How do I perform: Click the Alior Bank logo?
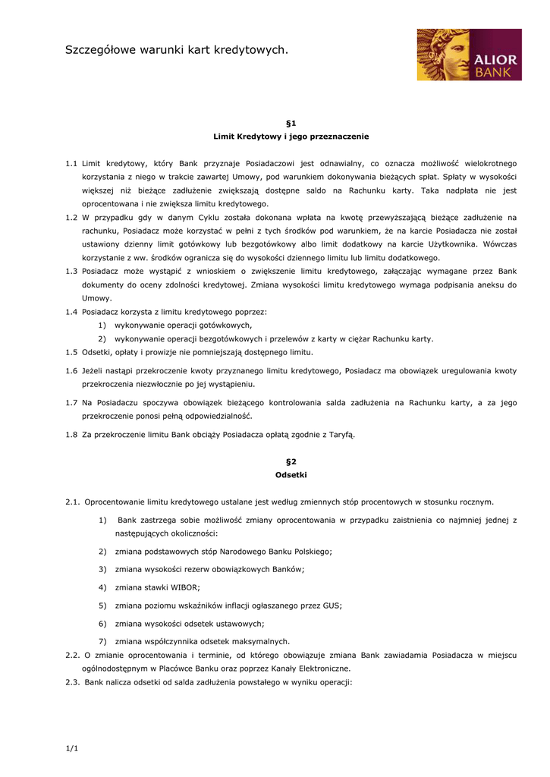[x=469, y=55]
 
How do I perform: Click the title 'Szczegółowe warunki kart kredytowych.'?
[x=177, y=50]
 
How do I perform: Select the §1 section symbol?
[x=291, y=122]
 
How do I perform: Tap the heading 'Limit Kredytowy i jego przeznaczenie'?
[x=291, y=137]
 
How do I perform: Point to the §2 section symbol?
[x=291, y=461]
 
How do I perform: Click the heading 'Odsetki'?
[x=291, y=475]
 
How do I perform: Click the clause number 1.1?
[x=71, y=163]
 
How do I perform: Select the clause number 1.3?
[x=71, y=271]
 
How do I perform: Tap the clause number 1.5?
[x=71, y=352]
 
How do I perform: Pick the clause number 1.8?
[x=71, y=435]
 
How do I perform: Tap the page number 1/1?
[x=72, y=749]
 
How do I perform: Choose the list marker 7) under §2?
[x=102, y=641]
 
